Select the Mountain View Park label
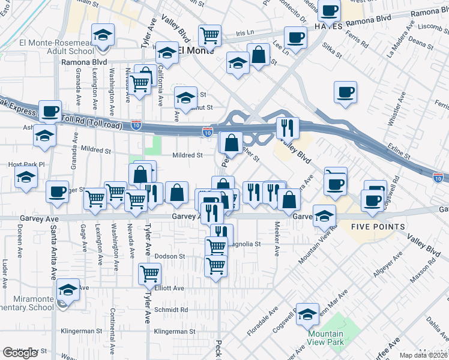[325, 338]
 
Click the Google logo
[20, 353]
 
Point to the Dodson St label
[169, 256]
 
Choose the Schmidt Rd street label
[171, 310]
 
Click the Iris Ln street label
[246, 34]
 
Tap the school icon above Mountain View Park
[308, 313]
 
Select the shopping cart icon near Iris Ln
[210, 35]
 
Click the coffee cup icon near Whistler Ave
[345, 93]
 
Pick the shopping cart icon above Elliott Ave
[149, 274]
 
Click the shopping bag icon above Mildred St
[231, 143]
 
